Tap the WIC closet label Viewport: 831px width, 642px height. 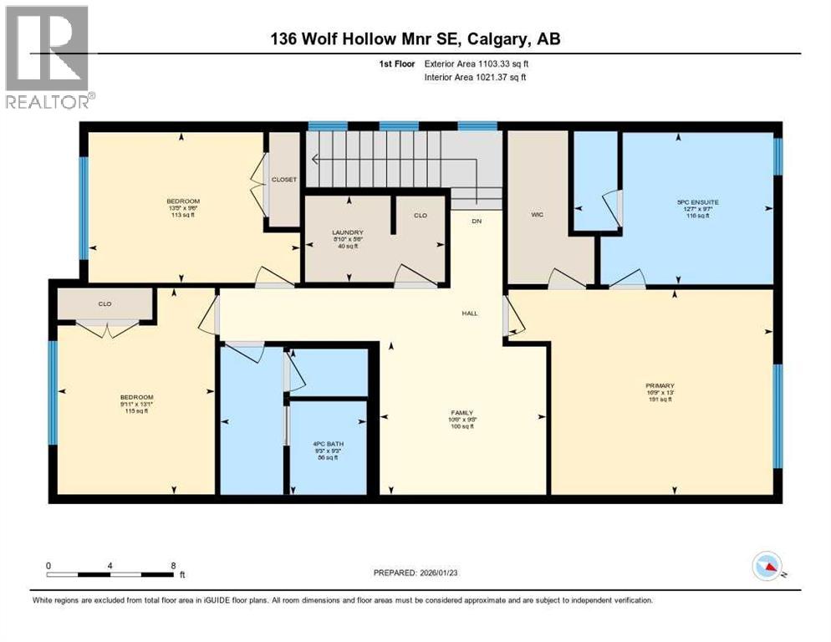point(538,215)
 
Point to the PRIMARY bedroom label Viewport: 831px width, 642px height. point(659,386)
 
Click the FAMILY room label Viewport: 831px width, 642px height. point(461,413)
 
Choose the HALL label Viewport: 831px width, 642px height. point(470,313)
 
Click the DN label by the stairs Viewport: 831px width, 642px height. point(477,222)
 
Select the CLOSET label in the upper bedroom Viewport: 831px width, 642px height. point(284,180)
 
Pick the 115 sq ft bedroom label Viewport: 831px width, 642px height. point(136,397)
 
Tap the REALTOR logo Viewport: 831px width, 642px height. point(48,57)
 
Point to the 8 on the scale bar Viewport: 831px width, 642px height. point(172,566)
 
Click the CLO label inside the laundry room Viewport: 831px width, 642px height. point(421,216)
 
